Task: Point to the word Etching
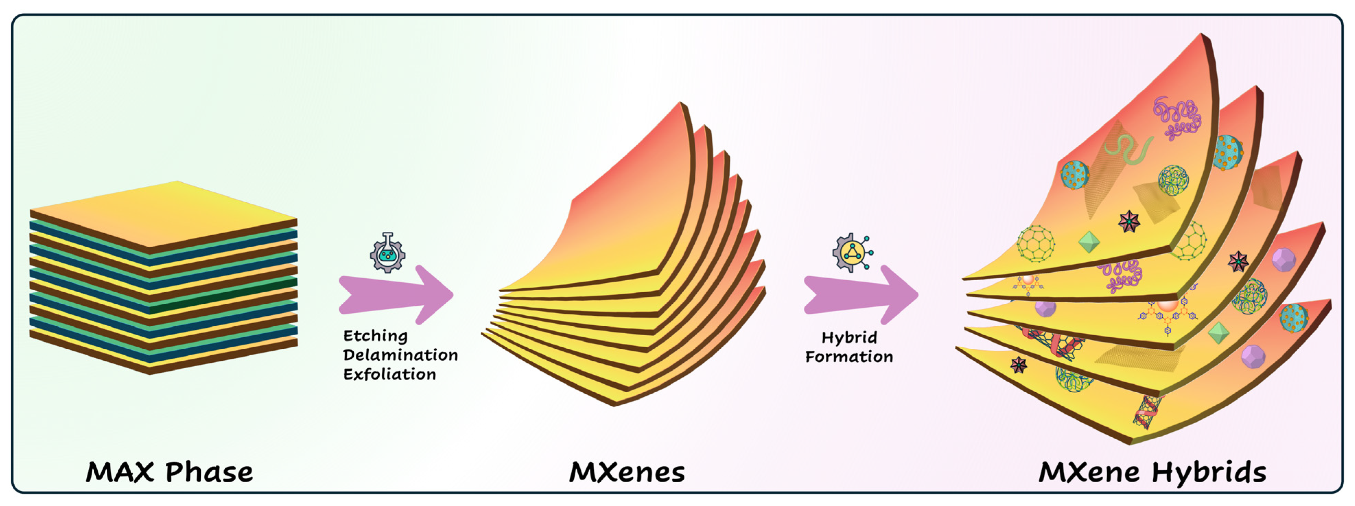tap(375, 336)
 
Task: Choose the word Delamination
tap(400, 355)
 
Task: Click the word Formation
tap(849, 357)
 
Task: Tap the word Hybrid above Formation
tap(849, 338)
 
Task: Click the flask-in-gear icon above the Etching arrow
tap(388, 253)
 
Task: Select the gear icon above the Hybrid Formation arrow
tap(852, 253)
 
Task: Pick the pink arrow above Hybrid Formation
tap(861, 295)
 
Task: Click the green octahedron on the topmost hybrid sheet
tap(1088, 242)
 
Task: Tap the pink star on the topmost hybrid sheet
tap(1129, 222)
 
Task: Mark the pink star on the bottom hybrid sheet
tap(1018, 365)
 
